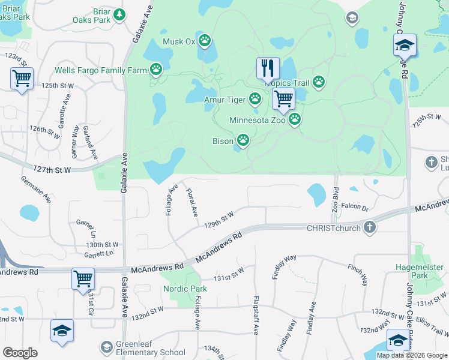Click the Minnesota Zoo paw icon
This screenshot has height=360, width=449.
tap(295, 121)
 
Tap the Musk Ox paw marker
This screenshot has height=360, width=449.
tap(205, 41)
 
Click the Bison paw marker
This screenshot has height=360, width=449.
tap(243, 141)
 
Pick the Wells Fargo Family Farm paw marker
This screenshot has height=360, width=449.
tap(156, 70)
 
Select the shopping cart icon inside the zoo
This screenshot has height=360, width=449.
tap(283, 98)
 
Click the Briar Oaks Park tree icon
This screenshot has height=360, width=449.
tap(119, 15)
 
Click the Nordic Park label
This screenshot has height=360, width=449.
tap(185, 289)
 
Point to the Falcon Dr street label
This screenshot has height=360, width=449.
tap(354, 206)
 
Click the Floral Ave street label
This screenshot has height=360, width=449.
tap(192, 203)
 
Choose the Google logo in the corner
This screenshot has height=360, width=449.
tap(20, 352)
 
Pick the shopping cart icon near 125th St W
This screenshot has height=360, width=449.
tap(22, 78)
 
